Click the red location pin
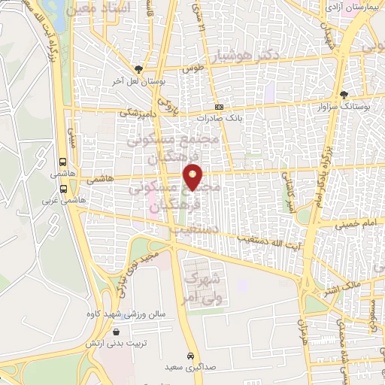point(194,177)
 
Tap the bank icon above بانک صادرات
point(219,108)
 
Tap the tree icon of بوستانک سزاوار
point(344,95)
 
